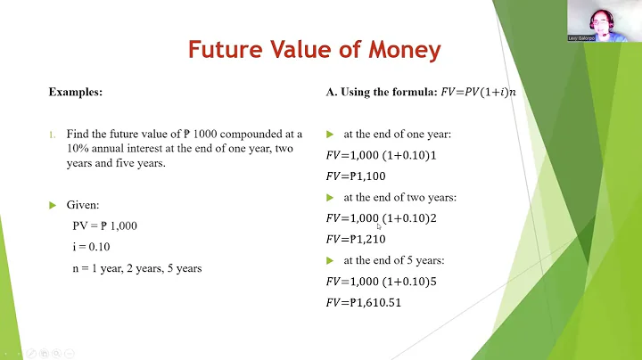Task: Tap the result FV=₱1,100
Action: coord(357,176)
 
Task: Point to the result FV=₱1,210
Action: coord(357,239)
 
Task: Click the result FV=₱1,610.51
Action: coord(365,303)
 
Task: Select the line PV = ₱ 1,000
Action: coord(105,225)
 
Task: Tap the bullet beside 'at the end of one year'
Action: coord(330,135)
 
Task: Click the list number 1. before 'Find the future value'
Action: coord(52,135)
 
